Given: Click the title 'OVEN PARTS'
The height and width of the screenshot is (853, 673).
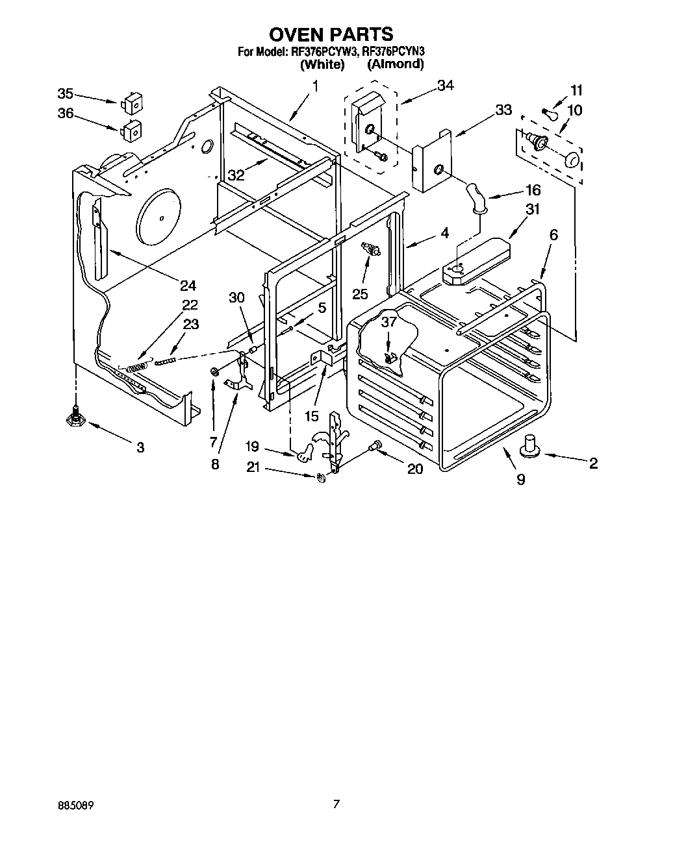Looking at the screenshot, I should tap(331, 34).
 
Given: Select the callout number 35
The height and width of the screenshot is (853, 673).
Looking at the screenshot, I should tap(66, 93).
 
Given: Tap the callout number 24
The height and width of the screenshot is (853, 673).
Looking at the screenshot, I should tap(188, 285).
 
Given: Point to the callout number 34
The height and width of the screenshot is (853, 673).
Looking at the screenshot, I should tap(445, 85).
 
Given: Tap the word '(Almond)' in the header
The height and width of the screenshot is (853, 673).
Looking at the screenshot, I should tap(395, 64).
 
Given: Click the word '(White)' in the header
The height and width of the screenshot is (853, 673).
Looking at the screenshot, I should tap(322, 64).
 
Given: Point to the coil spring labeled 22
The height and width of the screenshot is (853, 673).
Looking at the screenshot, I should tap(136, 367).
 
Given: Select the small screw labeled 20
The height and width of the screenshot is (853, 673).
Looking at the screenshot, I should tap(374, 446).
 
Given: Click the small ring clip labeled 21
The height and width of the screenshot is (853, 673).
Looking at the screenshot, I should tap(320, 478).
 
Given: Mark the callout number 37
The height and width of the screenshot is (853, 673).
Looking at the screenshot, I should tap(388, 323).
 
